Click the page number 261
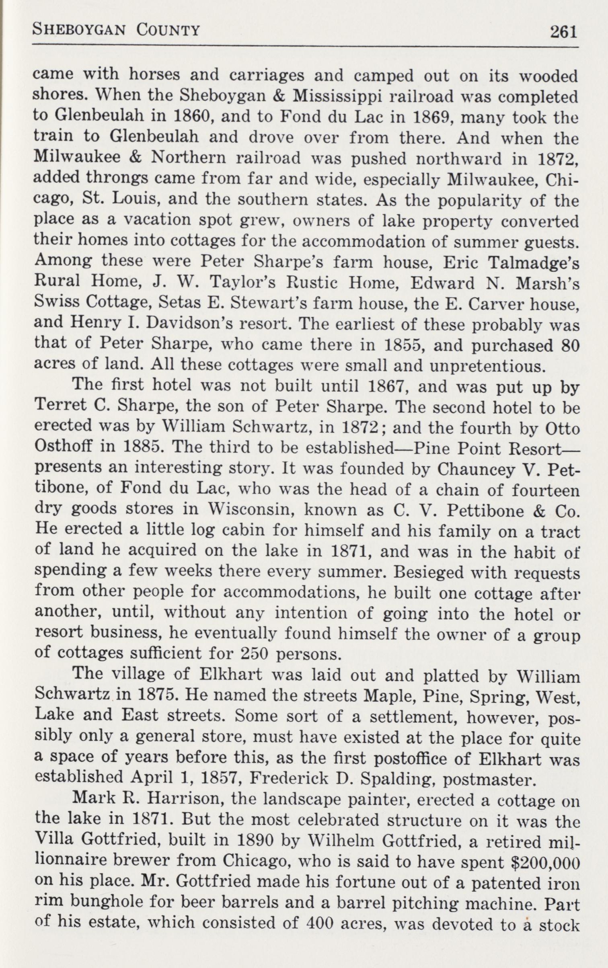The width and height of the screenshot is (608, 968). (563, 31)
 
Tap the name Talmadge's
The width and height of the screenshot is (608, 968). (533, 263)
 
